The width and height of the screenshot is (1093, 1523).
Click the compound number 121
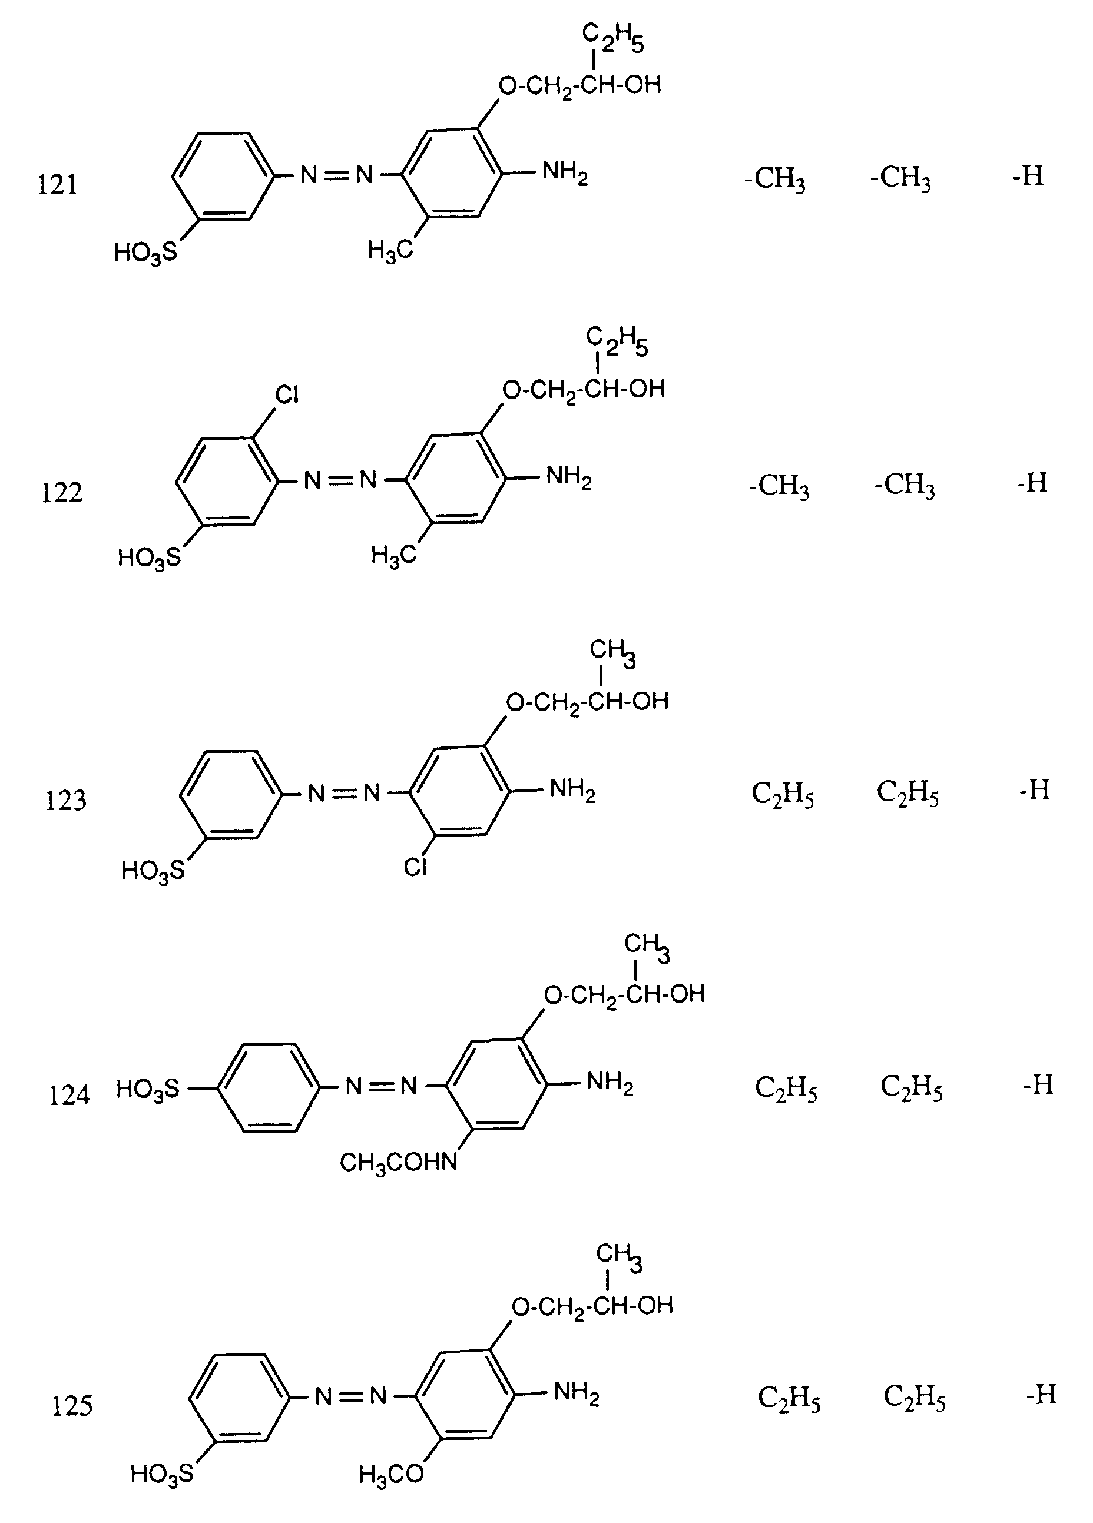tap(57, 185)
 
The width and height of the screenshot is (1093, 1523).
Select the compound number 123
tap(66, 801)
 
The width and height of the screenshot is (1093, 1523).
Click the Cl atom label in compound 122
tap(287, 395)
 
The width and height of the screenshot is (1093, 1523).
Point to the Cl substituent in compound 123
tap(415, 868)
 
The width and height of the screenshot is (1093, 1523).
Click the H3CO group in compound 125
tap(391, 1475)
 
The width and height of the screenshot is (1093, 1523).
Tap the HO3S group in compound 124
tap(148, 1089)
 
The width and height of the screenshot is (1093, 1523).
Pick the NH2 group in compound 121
tap(565, 172)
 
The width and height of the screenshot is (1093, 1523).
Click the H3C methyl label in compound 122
tap(393, 555)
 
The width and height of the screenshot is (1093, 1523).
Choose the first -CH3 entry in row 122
tap(779, 486)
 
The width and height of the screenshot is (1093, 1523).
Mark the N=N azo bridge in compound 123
tap(344, 793)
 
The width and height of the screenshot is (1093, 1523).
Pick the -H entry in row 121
tap(1028, 177)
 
